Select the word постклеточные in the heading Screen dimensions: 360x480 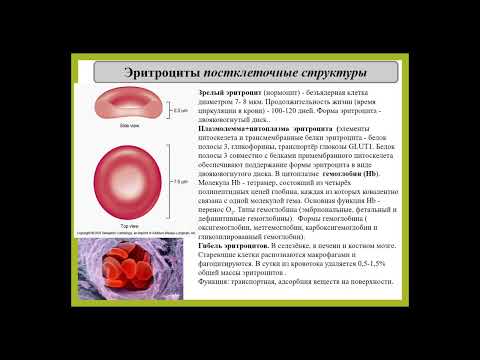tap(251, 74)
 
